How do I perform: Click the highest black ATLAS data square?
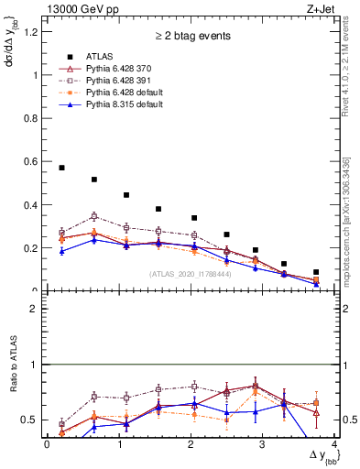61,168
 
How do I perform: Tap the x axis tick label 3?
263,444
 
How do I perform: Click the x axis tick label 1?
119,444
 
